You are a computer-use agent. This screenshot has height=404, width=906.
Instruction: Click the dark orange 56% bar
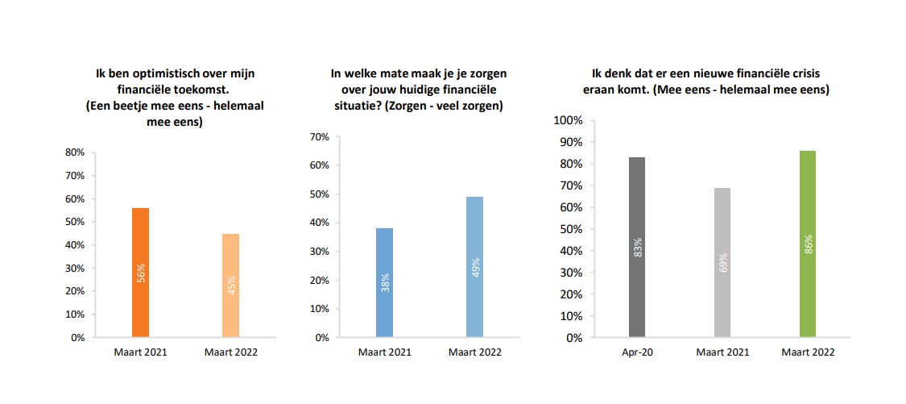140,272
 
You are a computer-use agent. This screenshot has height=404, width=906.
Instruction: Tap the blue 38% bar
385,282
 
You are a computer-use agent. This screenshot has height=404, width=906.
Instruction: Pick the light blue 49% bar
475,266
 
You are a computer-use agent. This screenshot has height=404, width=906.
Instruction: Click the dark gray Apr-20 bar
637,247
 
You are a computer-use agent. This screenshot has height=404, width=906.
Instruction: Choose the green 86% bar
808,244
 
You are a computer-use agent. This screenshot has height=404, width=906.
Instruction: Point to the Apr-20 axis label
637,352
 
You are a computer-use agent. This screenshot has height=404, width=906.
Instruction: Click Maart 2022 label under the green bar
808,352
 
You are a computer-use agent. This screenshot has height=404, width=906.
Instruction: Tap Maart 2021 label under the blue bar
385,352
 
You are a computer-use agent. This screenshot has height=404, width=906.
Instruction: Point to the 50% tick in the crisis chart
569,229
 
